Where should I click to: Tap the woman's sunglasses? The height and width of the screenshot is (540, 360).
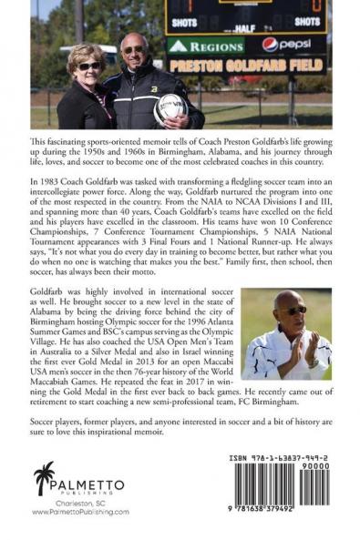(x=89, y=66)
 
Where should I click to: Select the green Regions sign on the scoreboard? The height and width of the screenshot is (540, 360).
(x=202, y=45)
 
